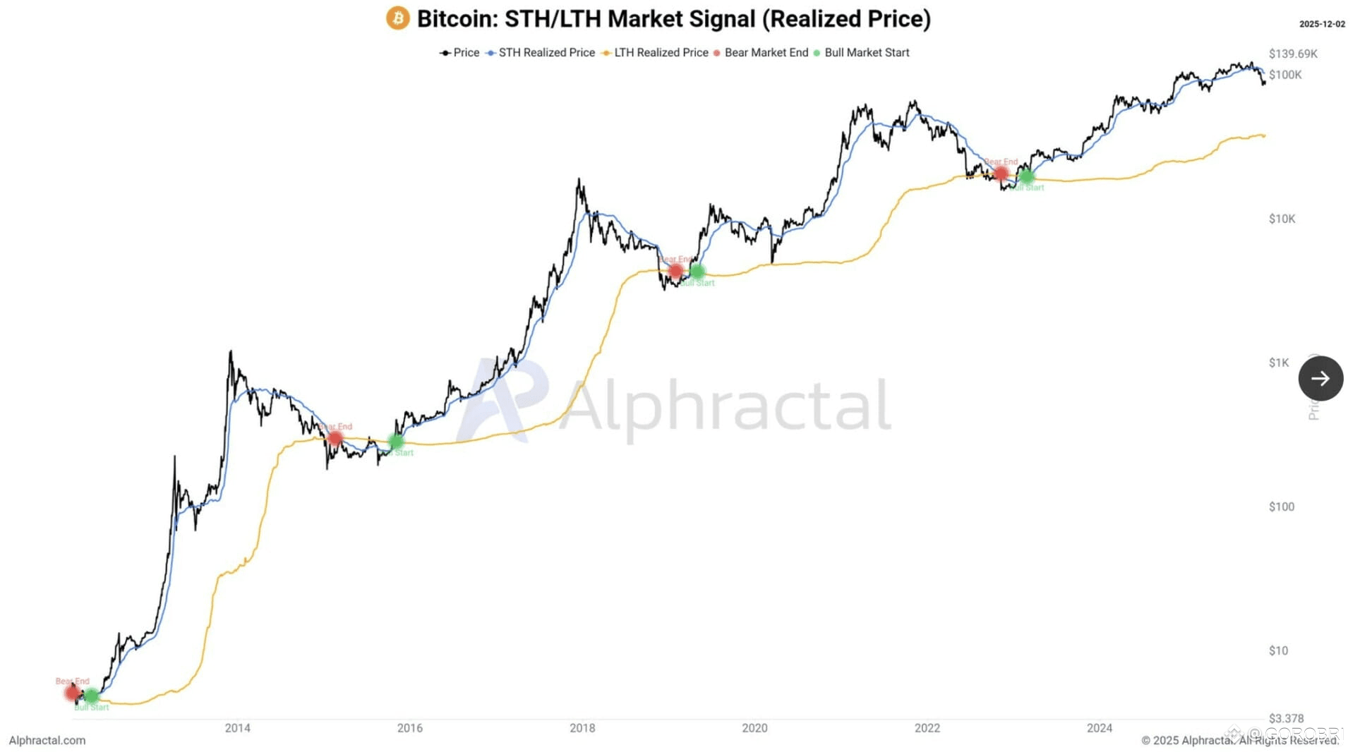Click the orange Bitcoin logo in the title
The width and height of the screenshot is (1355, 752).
coord(397,18)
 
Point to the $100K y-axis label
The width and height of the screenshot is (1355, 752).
coord(1284,75)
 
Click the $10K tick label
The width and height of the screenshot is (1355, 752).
coord(1282,219)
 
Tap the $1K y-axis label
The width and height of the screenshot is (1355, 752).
coord(1278,363)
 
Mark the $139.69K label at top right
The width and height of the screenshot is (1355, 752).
coord(1292,54)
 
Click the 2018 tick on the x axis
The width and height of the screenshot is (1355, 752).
coord(582,728)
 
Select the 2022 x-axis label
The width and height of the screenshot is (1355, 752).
coord(927,728)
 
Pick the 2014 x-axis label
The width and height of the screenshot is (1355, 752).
coord(237,728)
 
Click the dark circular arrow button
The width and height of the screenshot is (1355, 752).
coord(1320,378)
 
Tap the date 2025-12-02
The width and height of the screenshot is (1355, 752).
coord(1322,24)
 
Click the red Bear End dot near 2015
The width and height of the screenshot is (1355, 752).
coord(335,438)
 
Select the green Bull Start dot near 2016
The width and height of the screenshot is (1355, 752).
coord(396,442)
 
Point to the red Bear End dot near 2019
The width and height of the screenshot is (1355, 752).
coord(675,271)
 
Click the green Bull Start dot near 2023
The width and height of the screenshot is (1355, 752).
coord(1026,176)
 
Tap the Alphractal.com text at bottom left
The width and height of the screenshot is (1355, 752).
coord(47,740)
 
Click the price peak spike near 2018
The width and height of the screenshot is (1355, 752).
coord(579,181)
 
